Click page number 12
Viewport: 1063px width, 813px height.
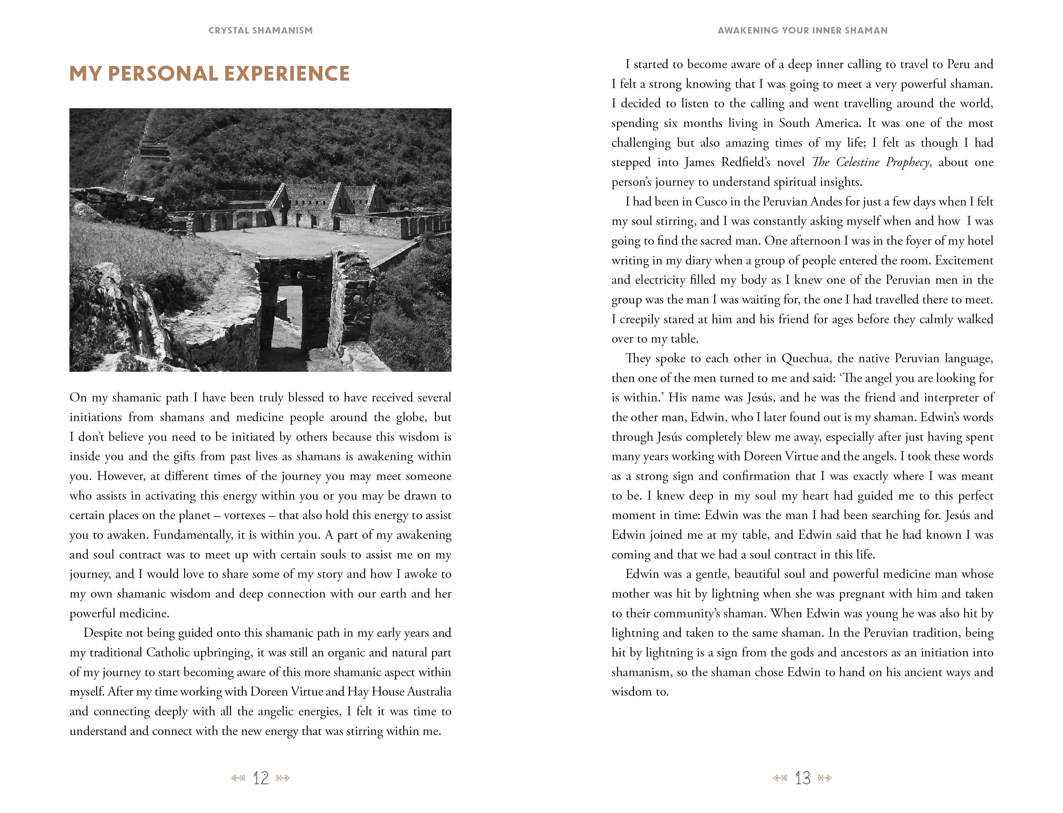pos(260,778)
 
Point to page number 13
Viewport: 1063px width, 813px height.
pos(802,778)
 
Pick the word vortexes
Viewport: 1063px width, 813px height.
pos(244,515)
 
